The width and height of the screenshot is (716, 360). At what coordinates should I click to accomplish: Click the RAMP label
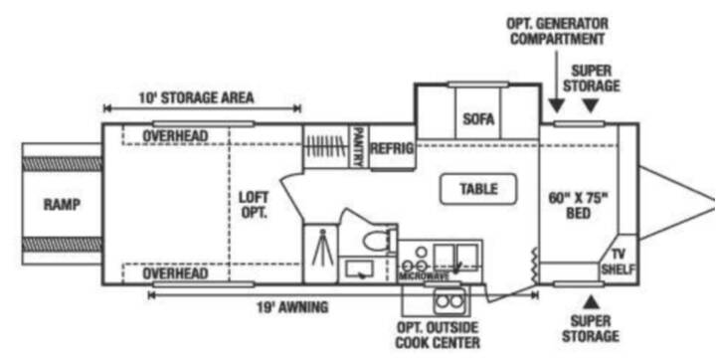pos(62,204)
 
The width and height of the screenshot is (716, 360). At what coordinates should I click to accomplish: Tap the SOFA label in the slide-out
pos(478,119)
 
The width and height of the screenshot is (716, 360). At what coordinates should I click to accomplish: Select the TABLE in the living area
pos(478,189)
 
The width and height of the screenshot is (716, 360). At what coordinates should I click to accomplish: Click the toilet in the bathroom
pos(380,241)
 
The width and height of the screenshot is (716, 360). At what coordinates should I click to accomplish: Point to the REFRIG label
pos(392,148)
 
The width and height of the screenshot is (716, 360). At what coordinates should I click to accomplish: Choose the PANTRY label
pos(358,146)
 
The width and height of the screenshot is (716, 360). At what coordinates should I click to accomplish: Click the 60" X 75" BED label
pos(578,206)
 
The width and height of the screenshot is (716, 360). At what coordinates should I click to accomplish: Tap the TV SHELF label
pos(618,262)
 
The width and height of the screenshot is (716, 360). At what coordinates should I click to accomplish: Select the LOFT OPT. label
pos(254,205)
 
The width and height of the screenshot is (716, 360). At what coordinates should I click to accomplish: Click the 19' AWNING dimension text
pos(292,307)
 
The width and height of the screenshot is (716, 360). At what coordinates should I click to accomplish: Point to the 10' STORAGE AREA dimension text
pos(196,97)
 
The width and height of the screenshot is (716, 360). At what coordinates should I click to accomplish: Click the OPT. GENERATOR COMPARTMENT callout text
pos(557,31)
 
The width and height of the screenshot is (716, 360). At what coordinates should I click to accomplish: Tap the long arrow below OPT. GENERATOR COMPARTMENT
pos(556,82)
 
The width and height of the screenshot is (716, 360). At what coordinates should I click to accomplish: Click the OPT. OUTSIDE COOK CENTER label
pos(438,335)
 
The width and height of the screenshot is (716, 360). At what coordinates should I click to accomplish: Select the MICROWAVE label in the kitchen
pos(425,276)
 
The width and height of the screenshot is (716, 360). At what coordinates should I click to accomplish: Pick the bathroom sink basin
pos(359,270)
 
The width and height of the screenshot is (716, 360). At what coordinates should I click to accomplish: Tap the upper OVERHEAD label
pos(175,136)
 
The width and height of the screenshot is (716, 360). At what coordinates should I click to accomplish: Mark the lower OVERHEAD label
pos(175,273)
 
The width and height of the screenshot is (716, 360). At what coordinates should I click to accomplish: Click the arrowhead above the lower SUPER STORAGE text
pos(591,301)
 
